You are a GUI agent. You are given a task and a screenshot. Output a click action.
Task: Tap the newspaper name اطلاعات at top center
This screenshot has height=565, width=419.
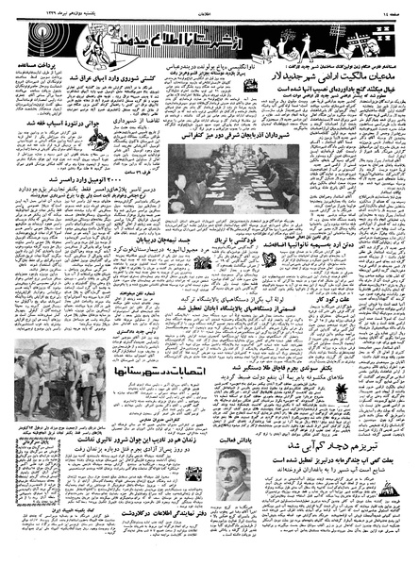point(209,8)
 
